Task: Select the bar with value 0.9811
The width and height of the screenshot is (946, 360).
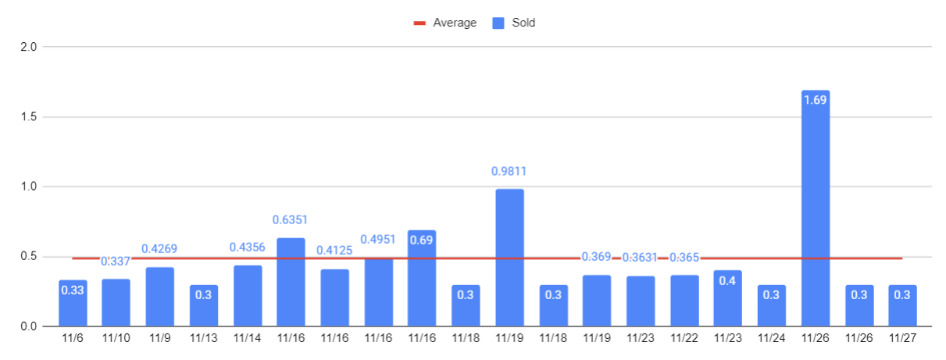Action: pos(509,258)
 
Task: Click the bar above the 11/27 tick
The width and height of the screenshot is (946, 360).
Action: pos(902,305)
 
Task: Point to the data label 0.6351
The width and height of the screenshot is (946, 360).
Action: pos(291,220)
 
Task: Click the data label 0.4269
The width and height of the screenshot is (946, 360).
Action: pos(159,249)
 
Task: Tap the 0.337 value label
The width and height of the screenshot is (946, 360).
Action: pos(116,261)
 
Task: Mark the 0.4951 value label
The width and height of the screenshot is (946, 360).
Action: pos(378,239)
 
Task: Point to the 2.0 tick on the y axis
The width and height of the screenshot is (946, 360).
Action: pos(28,47)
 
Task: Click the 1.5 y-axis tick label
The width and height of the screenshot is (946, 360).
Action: pos(28,117)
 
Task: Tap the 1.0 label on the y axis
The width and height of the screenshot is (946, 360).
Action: pos(28,187)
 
